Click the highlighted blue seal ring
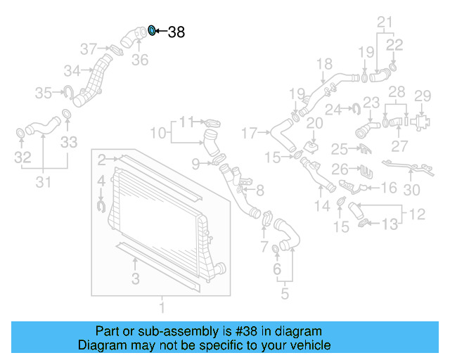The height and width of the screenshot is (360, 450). coord(151,30)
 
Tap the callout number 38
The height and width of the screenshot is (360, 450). coord(176,32)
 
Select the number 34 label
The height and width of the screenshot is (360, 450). coord(72,70)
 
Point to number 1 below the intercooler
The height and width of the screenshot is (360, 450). coord(162,307)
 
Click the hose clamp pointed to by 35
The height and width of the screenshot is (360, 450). coord(70,91)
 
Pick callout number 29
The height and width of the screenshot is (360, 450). coord(422,96)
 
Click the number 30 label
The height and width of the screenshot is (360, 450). coord(412,189)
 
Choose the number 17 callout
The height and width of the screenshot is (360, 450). coord(250,131)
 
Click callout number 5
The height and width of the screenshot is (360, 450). coord(284,292)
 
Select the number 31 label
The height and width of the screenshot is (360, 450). coord(44,183)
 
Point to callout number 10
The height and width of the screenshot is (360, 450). coord(158,131)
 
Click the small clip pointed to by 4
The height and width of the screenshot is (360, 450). coord(101,205)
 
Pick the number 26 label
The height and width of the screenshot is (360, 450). coord(340,169)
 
